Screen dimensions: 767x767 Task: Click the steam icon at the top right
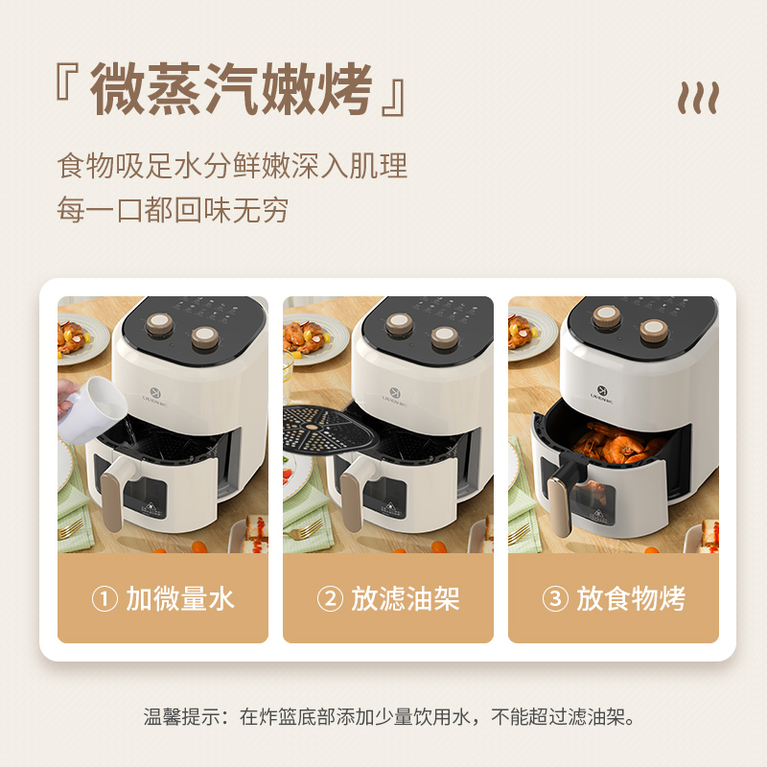pyautogui.click(x=698, y=98)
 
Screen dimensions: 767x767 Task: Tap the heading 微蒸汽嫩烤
pyautogui.click(x=231, y=90)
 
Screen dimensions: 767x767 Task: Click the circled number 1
pyautogui.click(x=105, y=598)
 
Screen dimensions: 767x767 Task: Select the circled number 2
pyautogui.click(x=330, y=598)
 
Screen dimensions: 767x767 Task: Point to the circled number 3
pyautogui.click(x=555, y=598)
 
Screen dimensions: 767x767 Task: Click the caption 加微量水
pyautogui.click(x=180, y=598)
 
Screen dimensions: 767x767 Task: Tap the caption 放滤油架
pyautogui.click(x=406, y=598)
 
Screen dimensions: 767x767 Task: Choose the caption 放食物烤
pyautogui.click(x=631, y=598)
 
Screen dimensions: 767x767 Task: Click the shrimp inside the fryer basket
pyautogui.click(x=618, y=443)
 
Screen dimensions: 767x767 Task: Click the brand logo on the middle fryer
pyautogui.click(x=395, y=396)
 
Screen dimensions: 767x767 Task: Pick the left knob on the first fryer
pyautogui.click(x=159, y=323)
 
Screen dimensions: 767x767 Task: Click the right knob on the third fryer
pyautogui.click(x=654, y=331)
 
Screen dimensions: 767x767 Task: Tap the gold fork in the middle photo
pyautogui.click(x=304, y=529)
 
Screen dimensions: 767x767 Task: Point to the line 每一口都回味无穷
pyautogui.click(x=173, y=210)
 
